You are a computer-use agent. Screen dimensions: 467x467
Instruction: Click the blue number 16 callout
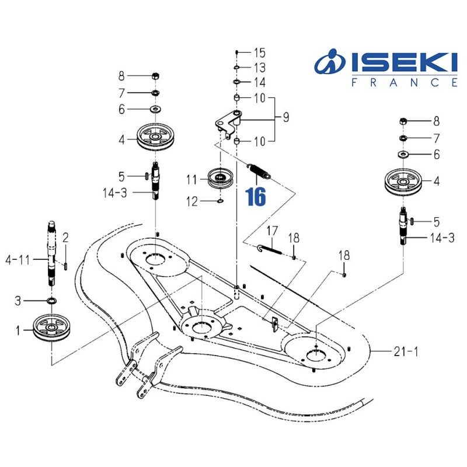[256, 196]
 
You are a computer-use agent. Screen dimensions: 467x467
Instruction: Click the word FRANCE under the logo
[404, 83]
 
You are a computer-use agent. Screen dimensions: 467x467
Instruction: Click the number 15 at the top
[259, 53]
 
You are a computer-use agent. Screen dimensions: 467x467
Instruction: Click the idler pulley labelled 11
[220, 177]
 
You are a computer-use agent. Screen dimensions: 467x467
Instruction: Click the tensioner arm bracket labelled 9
[229, 123]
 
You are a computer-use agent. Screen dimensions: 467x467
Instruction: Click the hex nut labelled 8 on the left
[156, 76]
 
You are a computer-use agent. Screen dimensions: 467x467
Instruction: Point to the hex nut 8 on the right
[403, 121]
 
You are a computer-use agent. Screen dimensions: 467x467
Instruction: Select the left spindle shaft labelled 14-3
[156, 181]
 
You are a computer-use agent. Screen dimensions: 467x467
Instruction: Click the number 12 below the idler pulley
[192, 202]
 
